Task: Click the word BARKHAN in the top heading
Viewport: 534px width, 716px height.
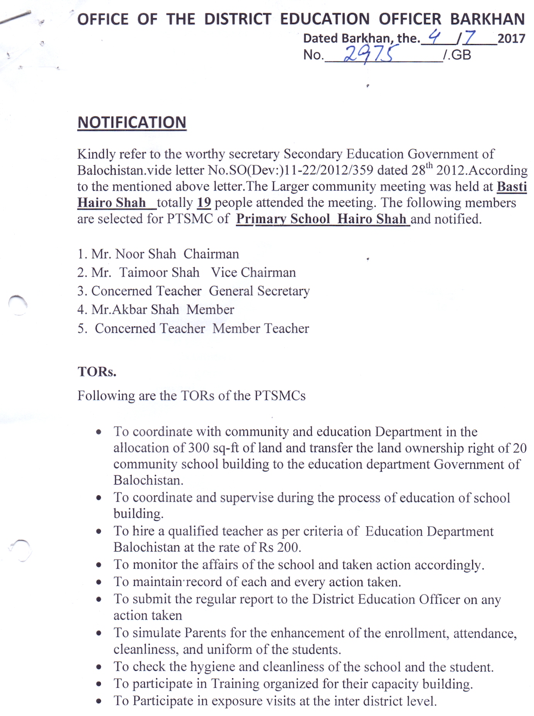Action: (487, 19)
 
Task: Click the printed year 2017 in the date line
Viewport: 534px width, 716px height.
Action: (511, 39)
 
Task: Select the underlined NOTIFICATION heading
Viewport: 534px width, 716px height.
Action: (132, 123)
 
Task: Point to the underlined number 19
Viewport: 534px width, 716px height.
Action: (204, 203)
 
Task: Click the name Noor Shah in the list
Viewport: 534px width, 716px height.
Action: (145, 254)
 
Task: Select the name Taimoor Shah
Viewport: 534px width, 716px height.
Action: (159, 273)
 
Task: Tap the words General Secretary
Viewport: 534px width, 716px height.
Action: (259, 291)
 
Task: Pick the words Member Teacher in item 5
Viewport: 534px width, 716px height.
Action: (261, 329)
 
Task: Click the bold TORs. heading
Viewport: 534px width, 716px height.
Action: (97, 372)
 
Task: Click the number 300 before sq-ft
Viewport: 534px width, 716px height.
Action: (199, 448)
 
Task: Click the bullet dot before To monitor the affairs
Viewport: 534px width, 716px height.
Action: (99, 565)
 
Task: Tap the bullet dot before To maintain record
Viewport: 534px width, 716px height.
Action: (99, 582)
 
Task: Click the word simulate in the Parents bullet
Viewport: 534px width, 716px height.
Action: (157, 633)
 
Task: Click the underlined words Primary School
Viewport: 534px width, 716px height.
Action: (283, 219)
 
